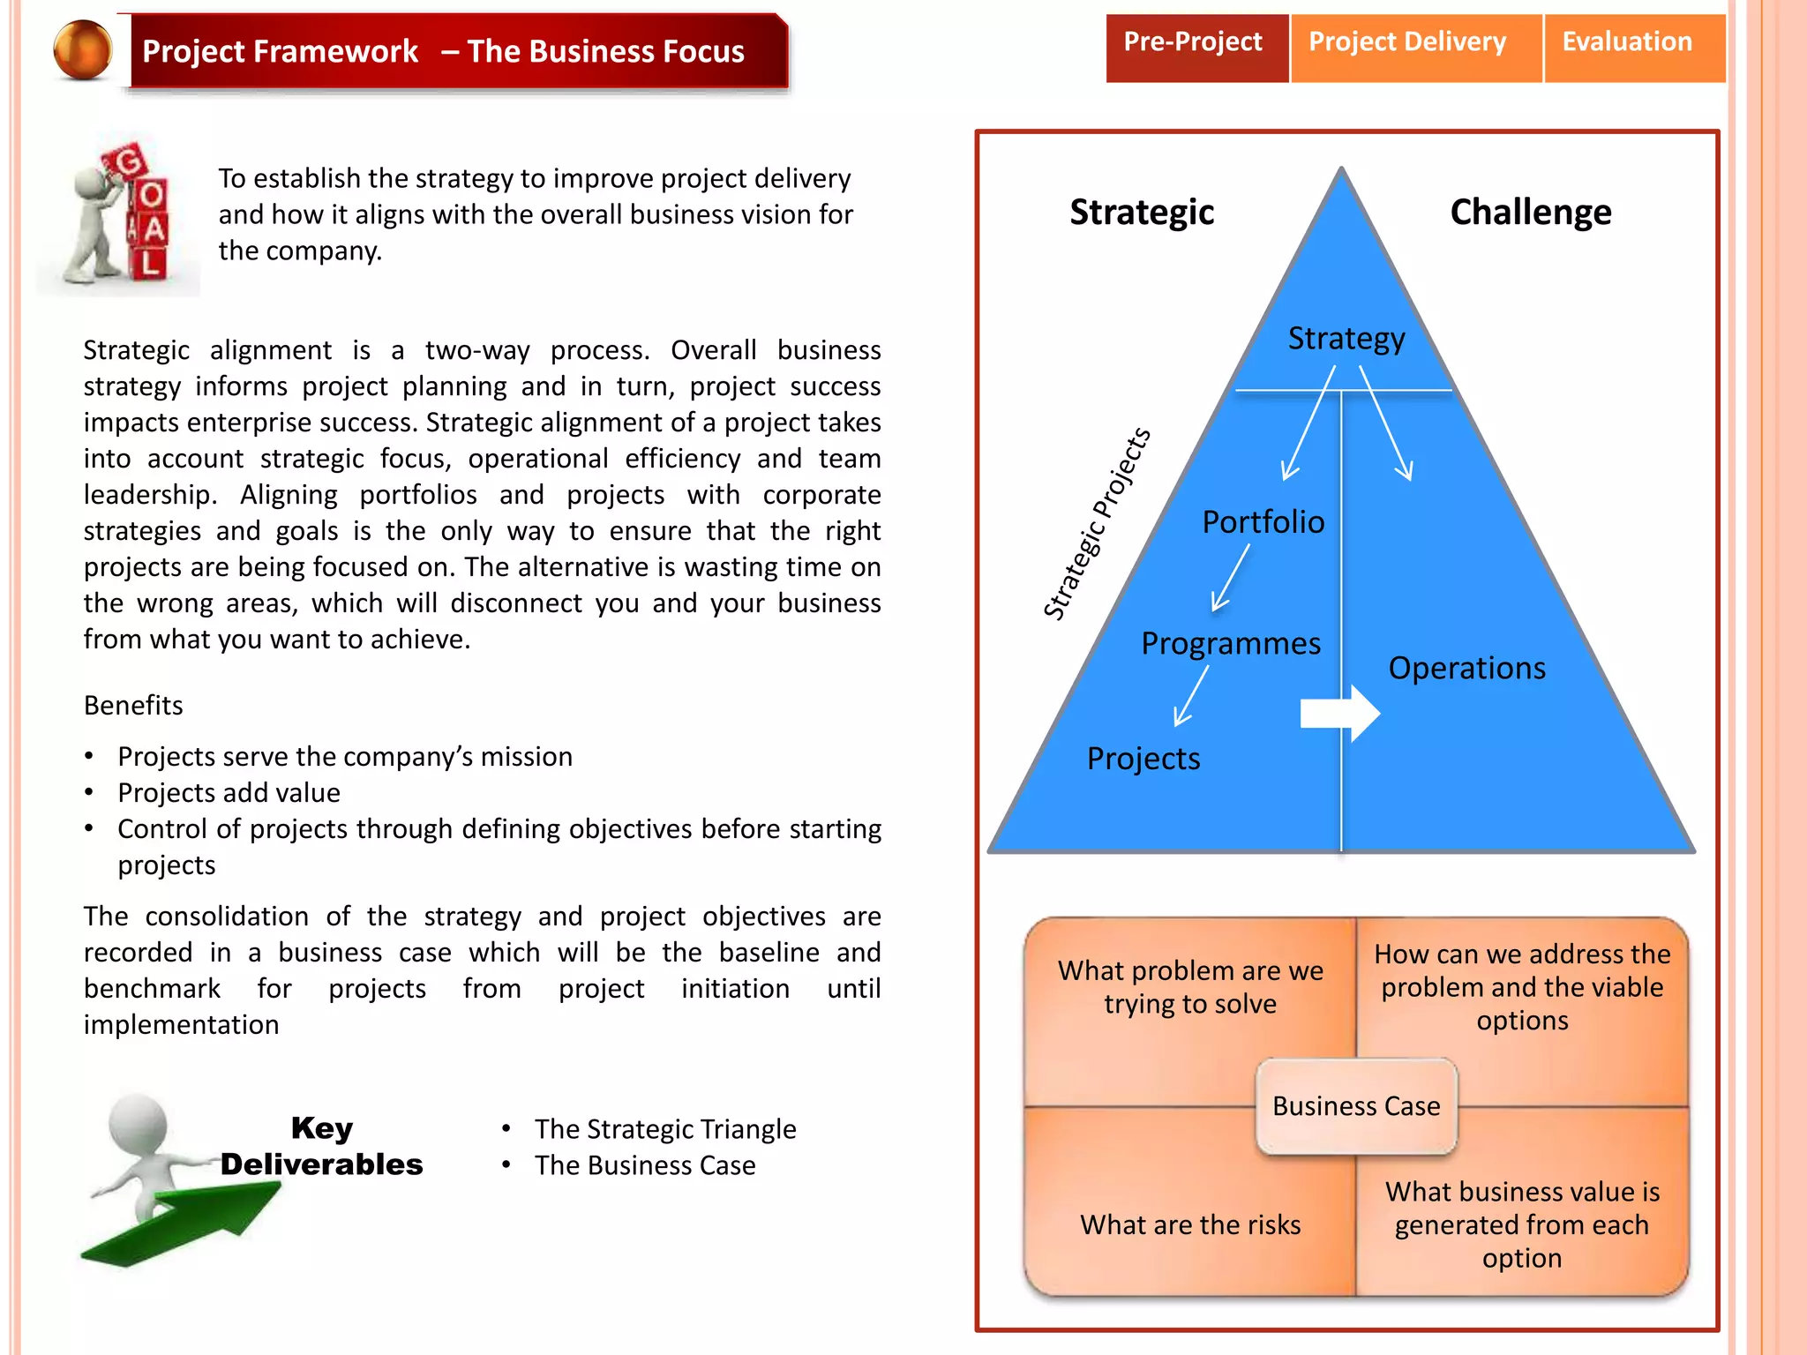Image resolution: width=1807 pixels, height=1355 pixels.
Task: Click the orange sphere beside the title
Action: click(83, 50)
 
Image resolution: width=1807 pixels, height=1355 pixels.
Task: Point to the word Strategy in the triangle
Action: click(1346, 339)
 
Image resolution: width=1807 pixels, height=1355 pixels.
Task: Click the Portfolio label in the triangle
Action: click(1263, 522)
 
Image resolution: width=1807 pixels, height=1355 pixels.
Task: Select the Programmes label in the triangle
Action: click(1231, 644)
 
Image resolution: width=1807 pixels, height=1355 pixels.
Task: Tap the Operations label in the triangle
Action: click(1466, 669)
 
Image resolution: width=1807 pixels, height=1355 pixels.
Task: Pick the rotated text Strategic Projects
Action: click(1097, 524)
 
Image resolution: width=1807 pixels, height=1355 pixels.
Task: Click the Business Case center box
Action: click(1356, 1106)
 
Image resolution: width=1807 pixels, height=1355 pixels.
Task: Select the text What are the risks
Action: click(1190, 1225)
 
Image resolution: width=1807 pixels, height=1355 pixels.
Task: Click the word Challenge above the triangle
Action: click(1531, 213)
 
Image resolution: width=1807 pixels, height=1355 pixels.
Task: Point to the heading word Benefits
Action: click(133, 706)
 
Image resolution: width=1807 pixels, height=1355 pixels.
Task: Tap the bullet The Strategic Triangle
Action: click(664, 1129)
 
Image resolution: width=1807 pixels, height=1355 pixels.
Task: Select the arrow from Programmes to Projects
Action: click(1192, 695)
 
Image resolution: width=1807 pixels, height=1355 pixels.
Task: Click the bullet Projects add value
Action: click(229, 793)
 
